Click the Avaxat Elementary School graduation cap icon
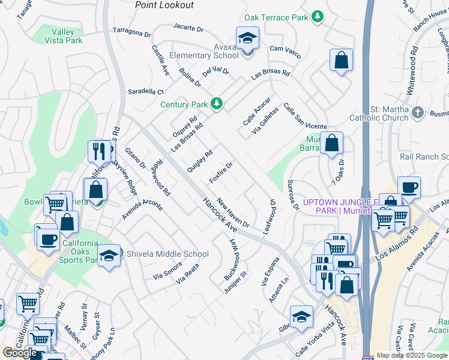coord(247,40)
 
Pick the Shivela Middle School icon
coord(109,255)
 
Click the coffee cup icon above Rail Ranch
coord(409,187)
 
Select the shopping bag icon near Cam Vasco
coord(341,60)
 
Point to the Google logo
coord(20,352)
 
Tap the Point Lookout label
coord(164,5)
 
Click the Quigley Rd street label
coord(200,161)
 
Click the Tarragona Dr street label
coord(132,31)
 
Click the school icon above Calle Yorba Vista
coord(301,316)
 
